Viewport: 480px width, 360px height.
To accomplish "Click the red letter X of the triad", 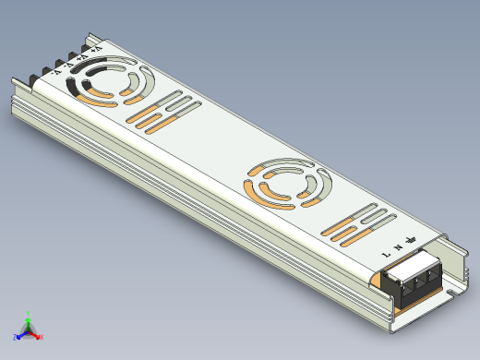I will tap(42, 337).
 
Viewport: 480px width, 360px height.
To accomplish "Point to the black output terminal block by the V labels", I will tap(42, 78).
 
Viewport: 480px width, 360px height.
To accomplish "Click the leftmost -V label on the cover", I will tap(56, 70).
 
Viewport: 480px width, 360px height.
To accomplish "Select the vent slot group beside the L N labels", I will tap(360, 224).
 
